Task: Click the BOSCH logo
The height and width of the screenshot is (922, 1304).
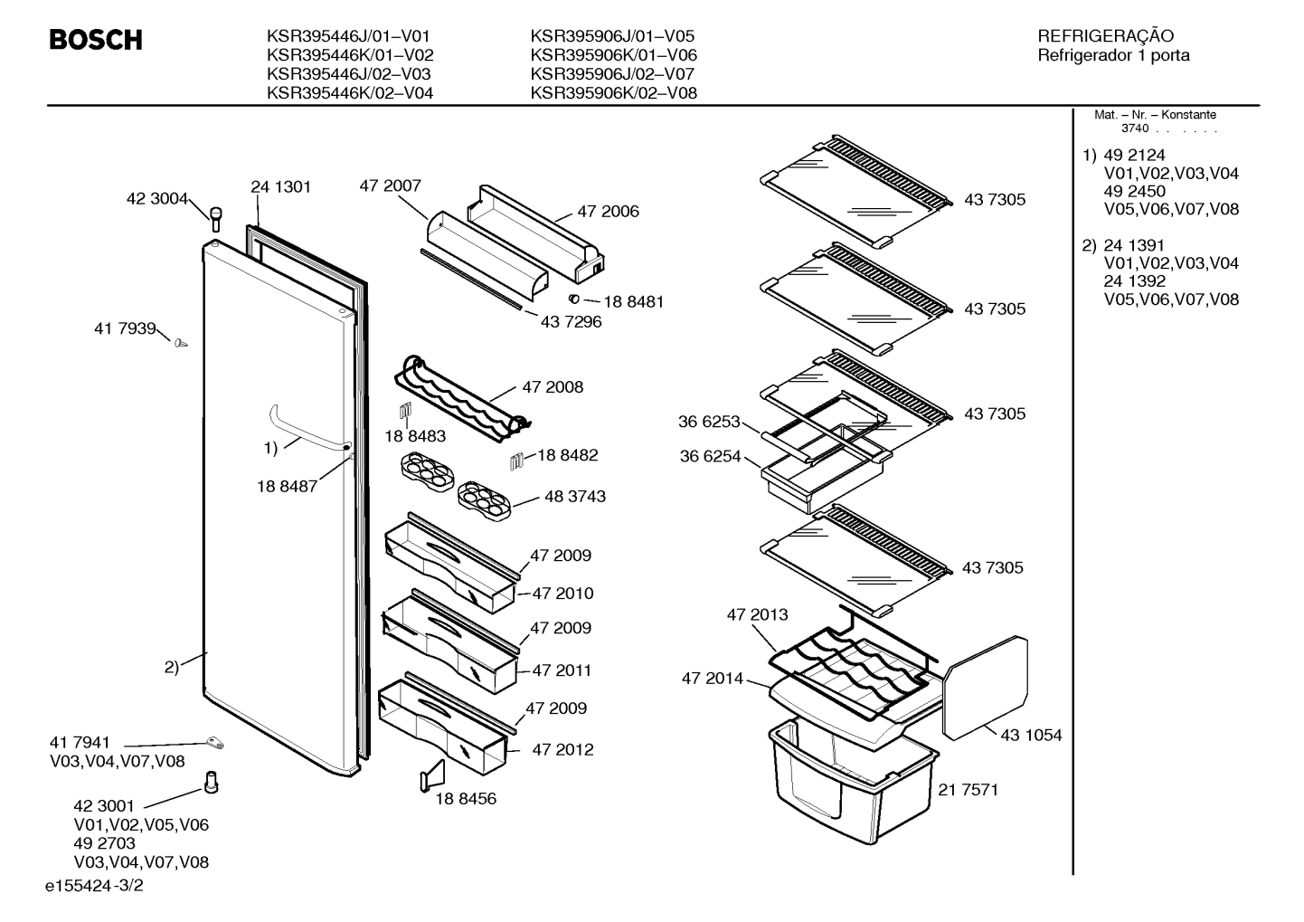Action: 96,40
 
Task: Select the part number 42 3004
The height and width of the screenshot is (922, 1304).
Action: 157,199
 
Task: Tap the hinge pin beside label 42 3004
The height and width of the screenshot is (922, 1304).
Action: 215,220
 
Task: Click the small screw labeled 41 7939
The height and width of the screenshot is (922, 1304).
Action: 181,344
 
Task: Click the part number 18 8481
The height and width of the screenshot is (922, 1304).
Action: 633,301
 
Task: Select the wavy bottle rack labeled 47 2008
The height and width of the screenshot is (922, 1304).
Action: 463,400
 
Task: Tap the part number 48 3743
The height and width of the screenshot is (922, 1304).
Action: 574,496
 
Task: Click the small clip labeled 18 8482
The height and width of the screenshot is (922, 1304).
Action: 516,461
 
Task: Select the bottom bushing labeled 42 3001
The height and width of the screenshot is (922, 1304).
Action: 211,782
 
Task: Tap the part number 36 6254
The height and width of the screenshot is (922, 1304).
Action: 710,456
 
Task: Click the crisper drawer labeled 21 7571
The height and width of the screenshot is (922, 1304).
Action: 853,781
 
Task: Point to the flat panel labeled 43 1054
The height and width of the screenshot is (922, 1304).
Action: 985,688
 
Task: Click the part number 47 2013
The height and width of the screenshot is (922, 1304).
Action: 758,614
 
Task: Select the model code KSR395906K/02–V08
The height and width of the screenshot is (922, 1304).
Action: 614,93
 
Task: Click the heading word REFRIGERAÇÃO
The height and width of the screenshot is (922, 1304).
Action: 1105,36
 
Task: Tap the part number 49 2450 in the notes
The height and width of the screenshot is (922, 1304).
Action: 1135,191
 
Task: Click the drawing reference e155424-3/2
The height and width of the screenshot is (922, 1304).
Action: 94,885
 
